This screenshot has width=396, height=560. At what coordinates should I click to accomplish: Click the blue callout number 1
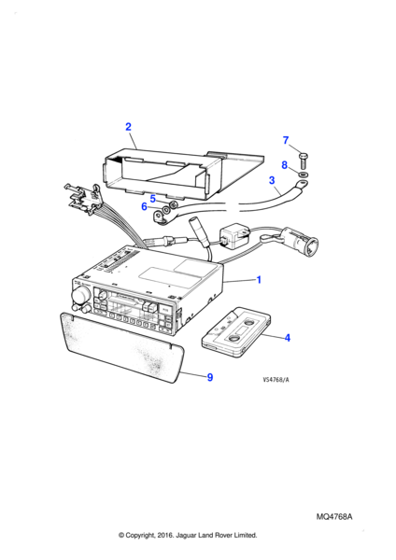(259, 280)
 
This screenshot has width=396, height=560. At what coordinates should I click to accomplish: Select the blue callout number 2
(128, 127)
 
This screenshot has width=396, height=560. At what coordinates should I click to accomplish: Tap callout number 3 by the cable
(272, 180)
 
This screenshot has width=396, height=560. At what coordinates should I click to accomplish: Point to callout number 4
(288, 338)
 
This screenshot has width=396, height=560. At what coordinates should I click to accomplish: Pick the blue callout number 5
(153, 199)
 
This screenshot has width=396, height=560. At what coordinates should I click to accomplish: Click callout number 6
(144, 206)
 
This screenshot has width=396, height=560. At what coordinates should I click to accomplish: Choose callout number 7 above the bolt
(285, 140)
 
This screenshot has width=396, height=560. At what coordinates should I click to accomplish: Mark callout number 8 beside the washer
(284, 165)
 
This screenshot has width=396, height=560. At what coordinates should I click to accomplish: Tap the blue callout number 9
(210, 377)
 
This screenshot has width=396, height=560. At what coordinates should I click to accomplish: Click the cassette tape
(236, 331)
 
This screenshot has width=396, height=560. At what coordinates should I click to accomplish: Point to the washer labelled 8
(304, 175)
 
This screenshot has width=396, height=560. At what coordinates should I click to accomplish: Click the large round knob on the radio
(80, 295)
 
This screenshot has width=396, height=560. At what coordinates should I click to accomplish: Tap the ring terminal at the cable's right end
(300, 185)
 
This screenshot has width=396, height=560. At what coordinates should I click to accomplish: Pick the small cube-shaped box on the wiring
(233, 236)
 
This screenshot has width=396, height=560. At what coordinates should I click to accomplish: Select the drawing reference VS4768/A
(276, 380)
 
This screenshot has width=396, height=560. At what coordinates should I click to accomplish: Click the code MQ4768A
(333, 517)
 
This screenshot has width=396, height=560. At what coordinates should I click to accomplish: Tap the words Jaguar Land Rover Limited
(217, 535)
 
